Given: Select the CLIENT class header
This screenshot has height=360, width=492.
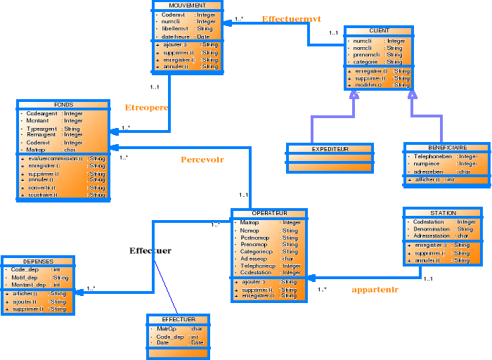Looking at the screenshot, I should coord(379,31).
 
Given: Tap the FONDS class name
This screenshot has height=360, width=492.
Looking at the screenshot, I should coord(63,104).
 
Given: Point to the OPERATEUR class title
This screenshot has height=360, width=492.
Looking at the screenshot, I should coord(268,212).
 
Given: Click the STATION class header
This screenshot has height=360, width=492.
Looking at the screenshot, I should coord(443,212).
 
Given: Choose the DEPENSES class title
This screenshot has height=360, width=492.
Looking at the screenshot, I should coord(37,261).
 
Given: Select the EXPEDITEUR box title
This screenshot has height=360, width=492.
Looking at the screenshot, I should coord(330,149).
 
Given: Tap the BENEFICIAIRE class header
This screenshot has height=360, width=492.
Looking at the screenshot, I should coord(446,148).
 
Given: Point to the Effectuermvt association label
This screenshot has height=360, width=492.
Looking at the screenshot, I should coord(291,19).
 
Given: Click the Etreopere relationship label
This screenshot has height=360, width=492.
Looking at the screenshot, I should coord(146,108).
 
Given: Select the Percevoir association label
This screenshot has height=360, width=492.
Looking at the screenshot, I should coord(202,160).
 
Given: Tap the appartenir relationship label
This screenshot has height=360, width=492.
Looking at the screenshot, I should coord(375,289).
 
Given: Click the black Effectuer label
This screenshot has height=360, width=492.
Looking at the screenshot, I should coord(150,250).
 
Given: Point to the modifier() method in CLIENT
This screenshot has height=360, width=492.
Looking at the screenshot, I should coord(368,84).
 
